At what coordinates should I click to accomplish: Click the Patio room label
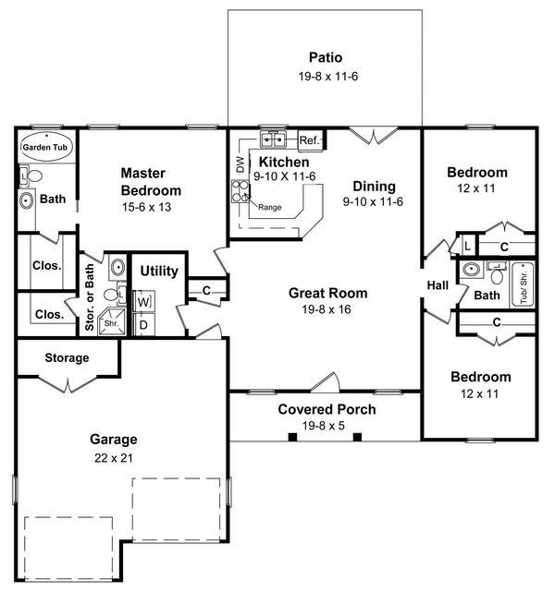click(x=325, y=58)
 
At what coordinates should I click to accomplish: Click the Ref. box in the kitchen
click(x=309, y=140)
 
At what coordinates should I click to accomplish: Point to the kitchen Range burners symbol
click(x=240, y=192)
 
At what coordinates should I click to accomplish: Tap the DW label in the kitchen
click(x=239, y=163)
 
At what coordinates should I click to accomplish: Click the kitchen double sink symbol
click(x=272, y=140)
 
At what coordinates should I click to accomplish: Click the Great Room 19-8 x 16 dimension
click(x=327, y=309)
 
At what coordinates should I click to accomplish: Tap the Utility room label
click(x=159, y=271)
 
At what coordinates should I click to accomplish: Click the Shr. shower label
click(x=111, y=324)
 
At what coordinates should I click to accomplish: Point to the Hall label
click(x=437, y=285)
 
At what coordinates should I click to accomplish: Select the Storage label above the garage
click(x=67, y=357)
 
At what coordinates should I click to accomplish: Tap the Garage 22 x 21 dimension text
click(x=114, y=456)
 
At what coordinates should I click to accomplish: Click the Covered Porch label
click(x=327, y=409)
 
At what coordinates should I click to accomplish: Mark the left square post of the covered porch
click(x=291, y=437)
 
